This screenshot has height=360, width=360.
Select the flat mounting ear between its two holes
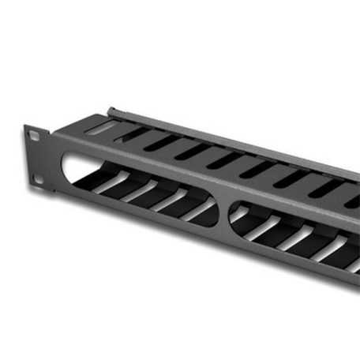pyautogui.click(x=36, y=157)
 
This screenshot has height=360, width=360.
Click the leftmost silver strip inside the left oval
pyautogui.click(x=106, y=182)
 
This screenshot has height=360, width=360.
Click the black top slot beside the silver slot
pyautogui.click(x=129, y=135)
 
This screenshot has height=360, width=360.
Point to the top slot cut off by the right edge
pyautogui.click(x=353, y=202)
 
